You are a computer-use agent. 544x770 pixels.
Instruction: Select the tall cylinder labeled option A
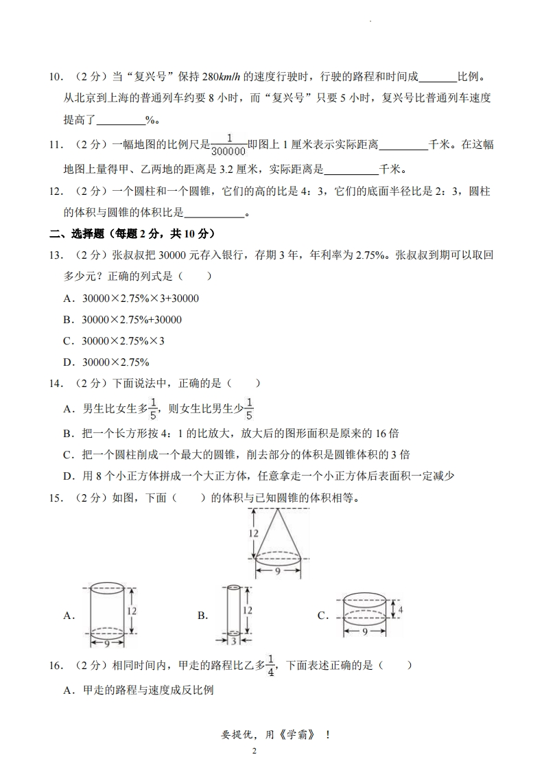106,611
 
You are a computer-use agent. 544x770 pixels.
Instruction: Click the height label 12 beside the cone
253,533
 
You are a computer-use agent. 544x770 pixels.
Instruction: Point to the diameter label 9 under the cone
278,570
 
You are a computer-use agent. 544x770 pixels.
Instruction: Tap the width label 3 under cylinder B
233,642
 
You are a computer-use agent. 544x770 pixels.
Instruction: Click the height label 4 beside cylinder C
400,609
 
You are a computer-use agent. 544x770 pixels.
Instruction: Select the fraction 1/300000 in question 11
228,145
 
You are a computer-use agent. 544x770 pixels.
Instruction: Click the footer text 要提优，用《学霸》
272,734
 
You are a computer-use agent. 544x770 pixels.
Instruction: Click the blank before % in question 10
121,119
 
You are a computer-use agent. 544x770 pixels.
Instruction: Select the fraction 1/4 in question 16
271,666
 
